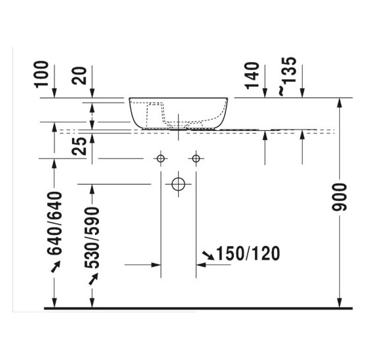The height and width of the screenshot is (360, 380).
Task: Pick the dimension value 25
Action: coord(79,146)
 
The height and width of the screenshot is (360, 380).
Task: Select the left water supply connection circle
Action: coord(159,158)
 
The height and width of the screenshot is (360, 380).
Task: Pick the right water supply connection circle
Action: coord(195,158)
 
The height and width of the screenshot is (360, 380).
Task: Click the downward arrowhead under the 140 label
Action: coord(265,94)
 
